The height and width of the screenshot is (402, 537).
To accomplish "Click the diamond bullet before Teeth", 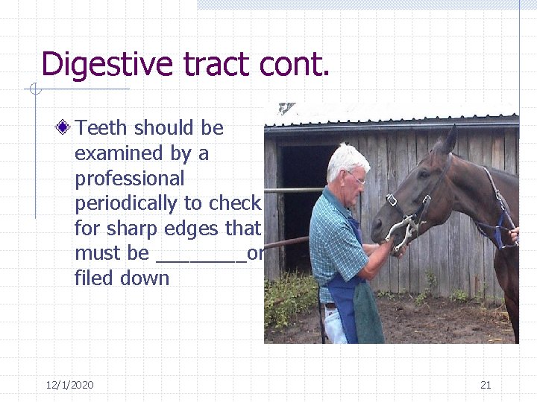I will click(66, 128).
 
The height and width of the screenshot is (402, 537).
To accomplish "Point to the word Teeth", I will click(101, 128).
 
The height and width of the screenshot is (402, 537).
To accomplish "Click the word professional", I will click(129, 179).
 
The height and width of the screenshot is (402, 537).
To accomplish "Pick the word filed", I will click(92, 278).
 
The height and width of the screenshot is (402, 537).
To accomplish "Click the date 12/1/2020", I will click(69, 385).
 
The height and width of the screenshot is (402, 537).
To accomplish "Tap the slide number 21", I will click(486, 385).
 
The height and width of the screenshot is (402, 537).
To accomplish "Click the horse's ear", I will click(450, 140).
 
